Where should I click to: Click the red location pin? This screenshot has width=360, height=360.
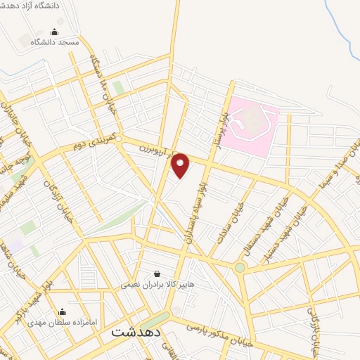tap(181, 165)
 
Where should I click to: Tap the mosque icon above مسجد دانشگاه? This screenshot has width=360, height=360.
tap(55, 32)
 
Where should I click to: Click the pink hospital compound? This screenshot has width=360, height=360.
tap(254, 127)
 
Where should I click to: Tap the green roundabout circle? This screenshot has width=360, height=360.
tap(240, 268)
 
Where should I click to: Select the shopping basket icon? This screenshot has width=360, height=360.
tap(157, 273)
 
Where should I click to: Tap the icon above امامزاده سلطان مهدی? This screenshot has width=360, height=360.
tap(62, 312)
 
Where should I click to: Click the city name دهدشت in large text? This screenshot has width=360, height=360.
tap(136, 333)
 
